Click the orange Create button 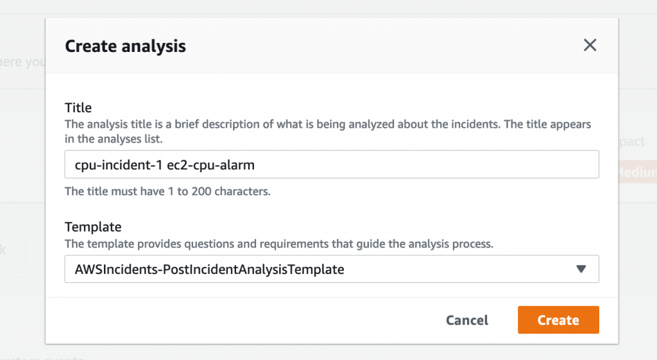558,320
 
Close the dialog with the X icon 590,45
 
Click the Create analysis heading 126,46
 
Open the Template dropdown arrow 581,270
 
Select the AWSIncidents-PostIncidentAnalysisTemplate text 209,270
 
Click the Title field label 78,108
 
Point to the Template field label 93,227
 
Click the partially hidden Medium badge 637,173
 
